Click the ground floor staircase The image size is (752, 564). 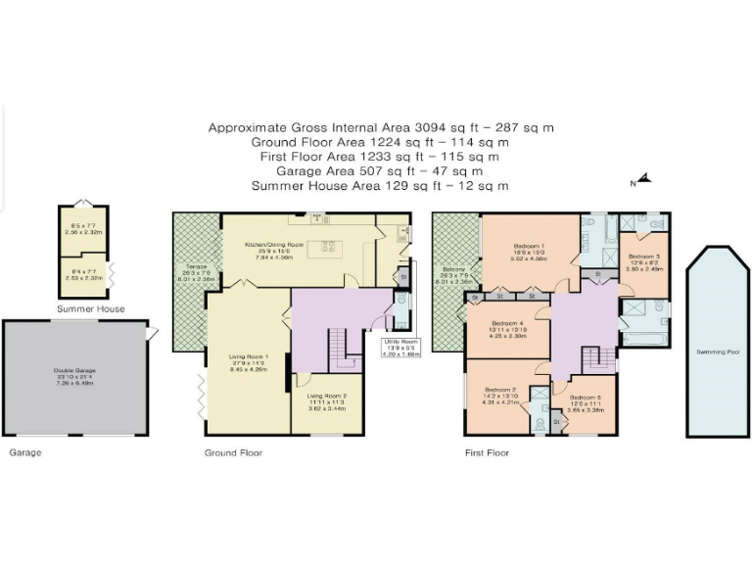(x=339, y=348)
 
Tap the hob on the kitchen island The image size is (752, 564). (x=329, y=245)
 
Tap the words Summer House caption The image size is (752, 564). (x=85, y=309)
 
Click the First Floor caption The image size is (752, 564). (x=487, y=453)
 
